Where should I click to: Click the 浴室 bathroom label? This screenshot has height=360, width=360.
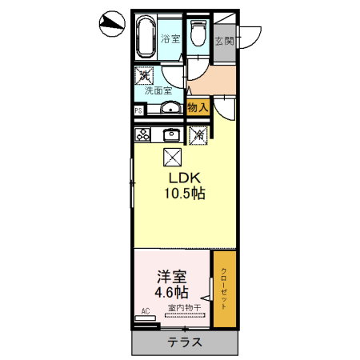170,38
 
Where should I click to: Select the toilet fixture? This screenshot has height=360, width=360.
198,36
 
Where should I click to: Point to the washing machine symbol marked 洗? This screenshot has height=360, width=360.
145,75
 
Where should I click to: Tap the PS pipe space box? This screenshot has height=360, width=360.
138,110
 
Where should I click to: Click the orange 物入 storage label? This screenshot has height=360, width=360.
198,107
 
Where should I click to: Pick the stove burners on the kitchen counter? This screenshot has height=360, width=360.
143,134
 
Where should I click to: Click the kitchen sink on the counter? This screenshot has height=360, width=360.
170,134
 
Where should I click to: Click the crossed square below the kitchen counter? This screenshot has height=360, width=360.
172,157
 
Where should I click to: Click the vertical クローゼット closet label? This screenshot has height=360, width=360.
224,288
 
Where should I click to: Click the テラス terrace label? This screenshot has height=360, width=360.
184,342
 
